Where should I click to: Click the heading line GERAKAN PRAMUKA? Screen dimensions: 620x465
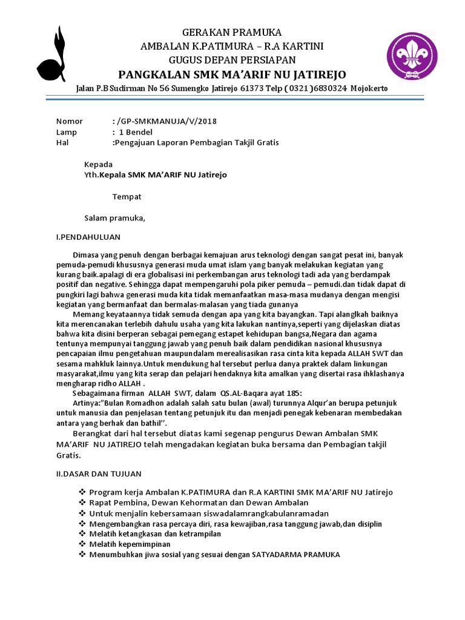[x=232, y=33]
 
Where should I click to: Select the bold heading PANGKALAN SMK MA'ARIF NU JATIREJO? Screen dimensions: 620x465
[x=232, y=74]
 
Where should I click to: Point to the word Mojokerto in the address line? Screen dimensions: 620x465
[x=369, y=89]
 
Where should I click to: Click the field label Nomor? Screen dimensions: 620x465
[x=70, y=121]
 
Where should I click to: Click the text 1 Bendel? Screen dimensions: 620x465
[x=136, y=132]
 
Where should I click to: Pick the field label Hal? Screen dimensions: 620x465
[x=62, y=143]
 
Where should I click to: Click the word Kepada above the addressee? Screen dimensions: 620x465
[x=98, y=164]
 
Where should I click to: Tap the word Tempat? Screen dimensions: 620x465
[x=127, y=197]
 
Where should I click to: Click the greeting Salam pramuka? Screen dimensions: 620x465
[x=114, y=218]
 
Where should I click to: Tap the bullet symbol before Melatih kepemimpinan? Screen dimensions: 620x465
[x=83, y=544]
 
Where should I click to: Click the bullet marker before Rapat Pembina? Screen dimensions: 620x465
[x=83, y=503]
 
